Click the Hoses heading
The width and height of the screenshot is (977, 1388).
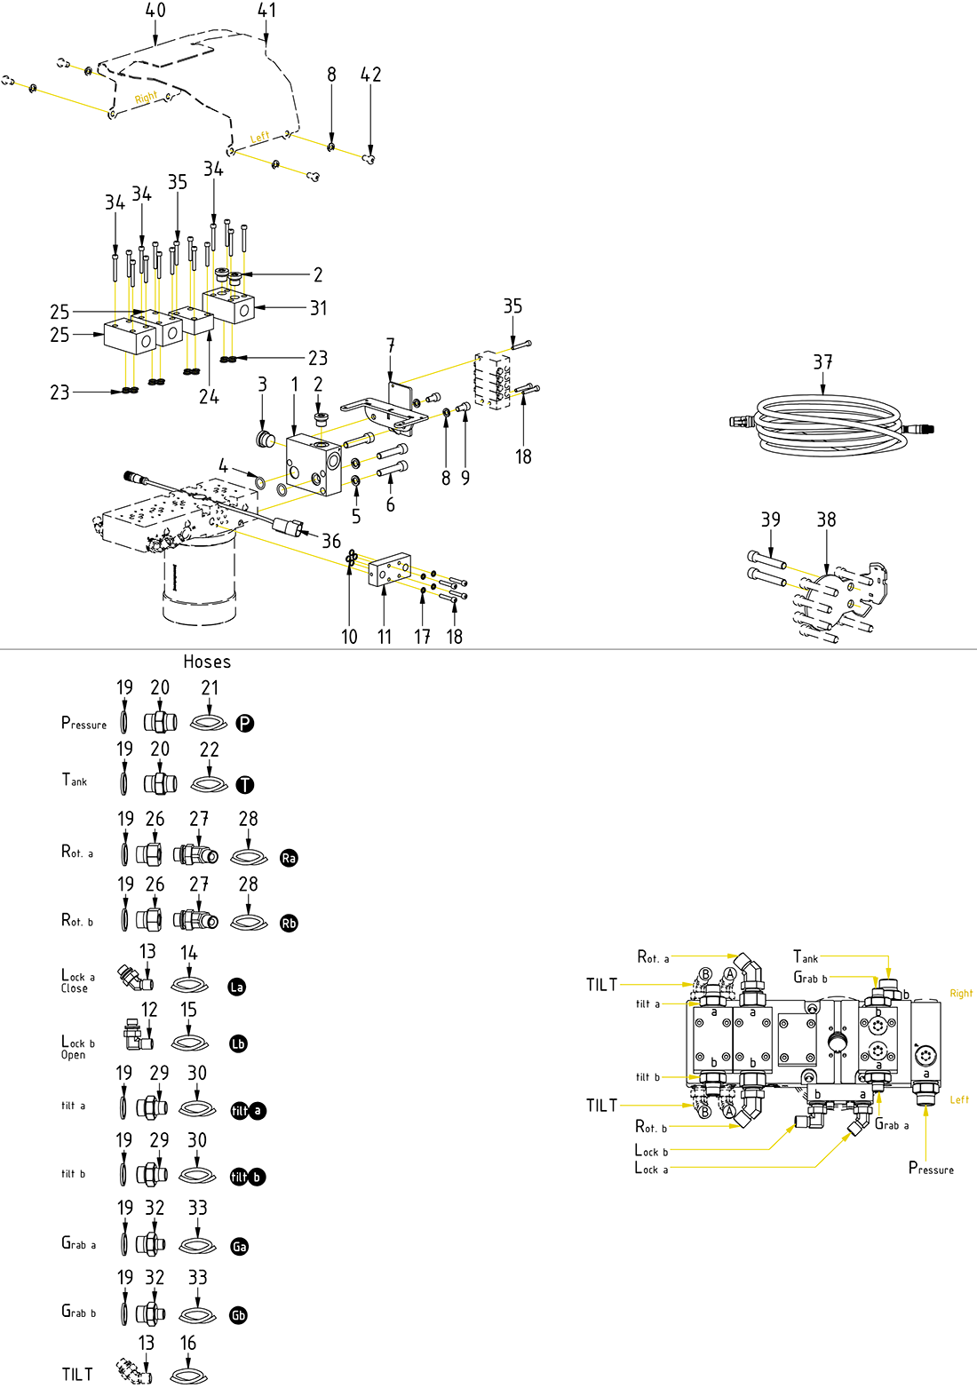tap(207, 662)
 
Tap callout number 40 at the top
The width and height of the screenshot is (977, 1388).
tap(155, 11)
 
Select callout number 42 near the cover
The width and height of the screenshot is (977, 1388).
tap(370, 75)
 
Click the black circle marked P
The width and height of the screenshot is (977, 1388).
tap(245, 723)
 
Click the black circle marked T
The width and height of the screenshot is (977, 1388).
tap(245, 785)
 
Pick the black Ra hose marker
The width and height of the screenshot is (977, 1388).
tap(289, 858)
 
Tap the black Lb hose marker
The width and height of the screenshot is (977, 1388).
tap(238, 1043)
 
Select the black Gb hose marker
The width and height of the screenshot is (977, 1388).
tap(238, 1315)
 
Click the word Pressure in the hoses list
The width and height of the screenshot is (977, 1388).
tap(83, 723)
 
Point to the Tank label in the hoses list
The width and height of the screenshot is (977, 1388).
tap(75, 780)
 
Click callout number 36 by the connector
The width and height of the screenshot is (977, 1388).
tap(331, 541)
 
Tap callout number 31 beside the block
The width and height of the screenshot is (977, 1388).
tap(318, 308)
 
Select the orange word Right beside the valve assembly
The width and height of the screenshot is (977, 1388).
tap(961, 993)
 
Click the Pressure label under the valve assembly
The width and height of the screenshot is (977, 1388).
tap(931, 1168)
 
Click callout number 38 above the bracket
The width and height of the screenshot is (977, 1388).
tap(826, 520)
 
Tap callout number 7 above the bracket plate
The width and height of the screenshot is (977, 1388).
tap(390, 345)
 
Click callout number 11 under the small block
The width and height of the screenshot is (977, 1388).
tap(384, 637)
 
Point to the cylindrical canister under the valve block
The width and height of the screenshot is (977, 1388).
tap(199, 577)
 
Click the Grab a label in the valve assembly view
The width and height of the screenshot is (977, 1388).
tap(892, 1124)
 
